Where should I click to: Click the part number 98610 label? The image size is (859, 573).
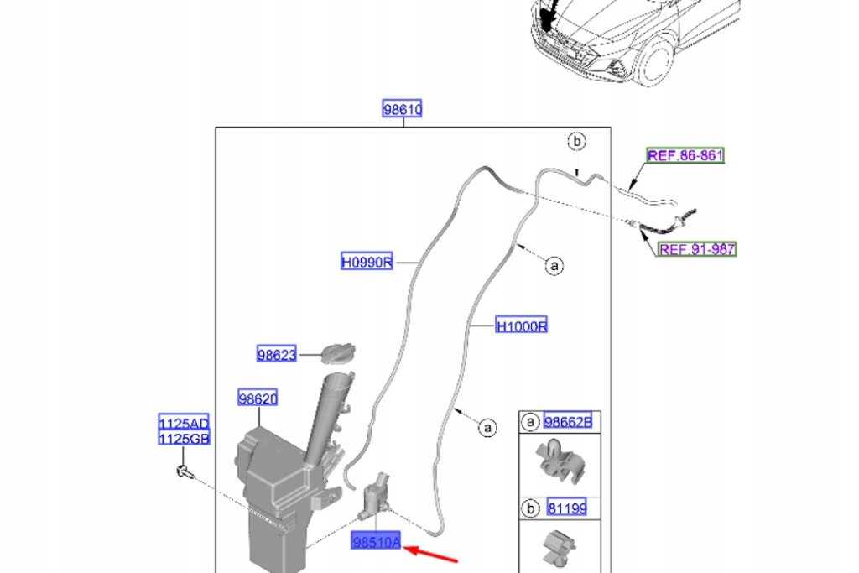[403, 110]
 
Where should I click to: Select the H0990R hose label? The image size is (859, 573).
[367, 263]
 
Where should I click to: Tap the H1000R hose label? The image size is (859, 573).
[522, 326]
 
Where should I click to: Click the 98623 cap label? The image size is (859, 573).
[277, 355]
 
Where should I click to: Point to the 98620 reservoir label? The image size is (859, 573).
[257, 398]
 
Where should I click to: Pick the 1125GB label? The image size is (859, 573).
[185, 438]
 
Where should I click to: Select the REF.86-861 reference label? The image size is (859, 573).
[685, 155]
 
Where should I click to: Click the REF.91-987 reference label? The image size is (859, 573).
[697, 249]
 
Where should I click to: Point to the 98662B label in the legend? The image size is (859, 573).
[568, 422]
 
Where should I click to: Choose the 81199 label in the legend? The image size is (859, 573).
[567, 508]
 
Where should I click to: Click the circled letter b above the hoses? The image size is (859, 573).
[576, 141]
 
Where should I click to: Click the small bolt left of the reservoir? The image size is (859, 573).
[184, 472]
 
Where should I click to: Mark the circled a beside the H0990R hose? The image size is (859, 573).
[553, 266]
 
